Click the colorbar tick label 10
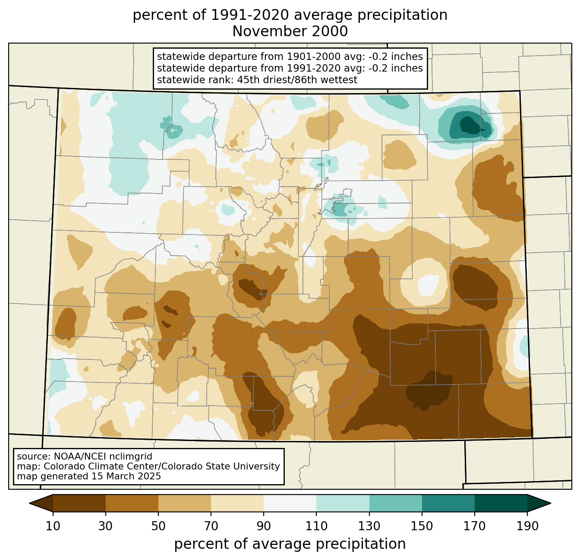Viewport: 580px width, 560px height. [x=53, y=526]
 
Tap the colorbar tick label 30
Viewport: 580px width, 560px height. [x=105, y=526]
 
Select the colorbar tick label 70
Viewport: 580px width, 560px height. [x=211, y=526]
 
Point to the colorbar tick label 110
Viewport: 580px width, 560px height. [x=316, y=526]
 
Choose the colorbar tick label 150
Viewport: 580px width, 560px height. [x=422, y=526]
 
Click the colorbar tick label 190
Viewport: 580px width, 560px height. [x=527, y=526]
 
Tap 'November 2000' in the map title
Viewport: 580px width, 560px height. [x=290, y=31]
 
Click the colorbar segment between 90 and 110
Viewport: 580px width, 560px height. [x=290, y=504]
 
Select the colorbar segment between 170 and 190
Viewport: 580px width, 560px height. [x=501, y=504]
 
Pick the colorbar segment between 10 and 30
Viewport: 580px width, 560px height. [x=79, y=504]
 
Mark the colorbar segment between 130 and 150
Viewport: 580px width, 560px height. [x=395, y=504]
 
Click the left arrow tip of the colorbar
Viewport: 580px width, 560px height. [x=29, y=504]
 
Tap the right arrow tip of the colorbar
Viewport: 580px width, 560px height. [x=551, y=504]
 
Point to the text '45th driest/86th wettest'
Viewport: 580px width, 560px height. [x=297, y=80]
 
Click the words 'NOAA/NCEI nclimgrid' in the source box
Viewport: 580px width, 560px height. [x=103, y=457]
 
